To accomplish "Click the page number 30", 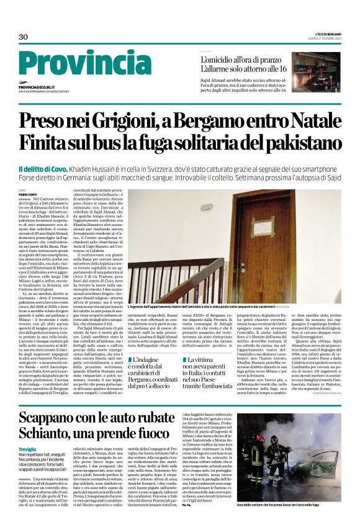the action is [24, 37].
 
